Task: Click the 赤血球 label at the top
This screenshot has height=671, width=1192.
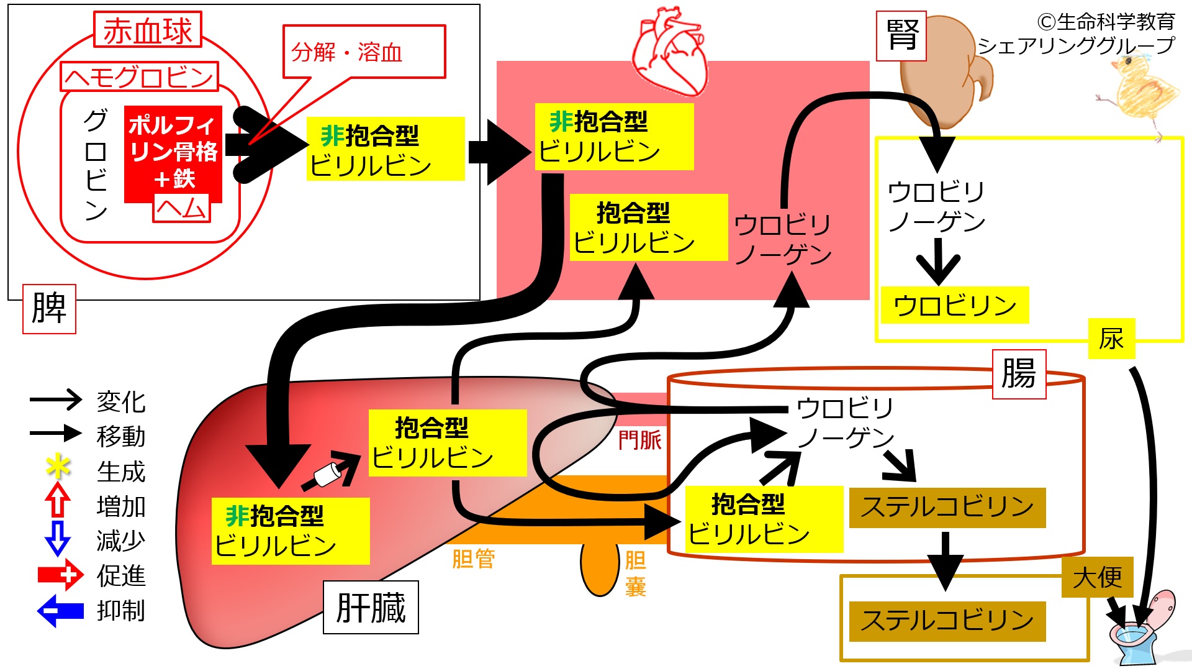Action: [148, 30]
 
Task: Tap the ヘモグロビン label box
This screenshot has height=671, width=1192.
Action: [140, 77]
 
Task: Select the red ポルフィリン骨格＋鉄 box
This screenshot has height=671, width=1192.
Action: [173, 153]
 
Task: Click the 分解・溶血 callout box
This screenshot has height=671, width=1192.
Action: [364, 52]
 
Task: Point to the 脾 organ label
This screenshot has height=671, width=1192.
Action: [49, 309]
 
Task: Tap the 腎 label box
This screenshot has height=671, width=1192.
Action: [901, 36]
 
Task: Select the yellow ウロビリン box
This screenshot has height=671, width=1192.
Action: [955, 305]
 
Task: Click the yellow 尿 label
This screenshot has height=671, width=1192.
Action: [1111, 339]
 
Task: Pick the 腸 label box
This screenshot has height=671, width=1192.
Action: [1019, 374]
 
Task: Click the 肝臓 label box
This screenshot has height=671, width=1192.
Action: [371, 608]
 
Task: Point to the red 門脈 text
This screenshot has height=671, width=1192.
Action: [640, 440]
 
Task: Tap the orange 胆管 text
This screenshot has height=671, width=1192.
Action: [474, 559]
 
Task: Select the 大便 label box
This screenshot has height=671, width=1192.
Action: [1098, 578]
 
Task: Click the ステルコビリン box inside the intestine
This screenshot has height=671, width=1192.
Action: [947, 508]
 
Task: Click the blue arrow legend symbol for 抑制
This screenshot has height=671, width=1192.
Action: [60, 611]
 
